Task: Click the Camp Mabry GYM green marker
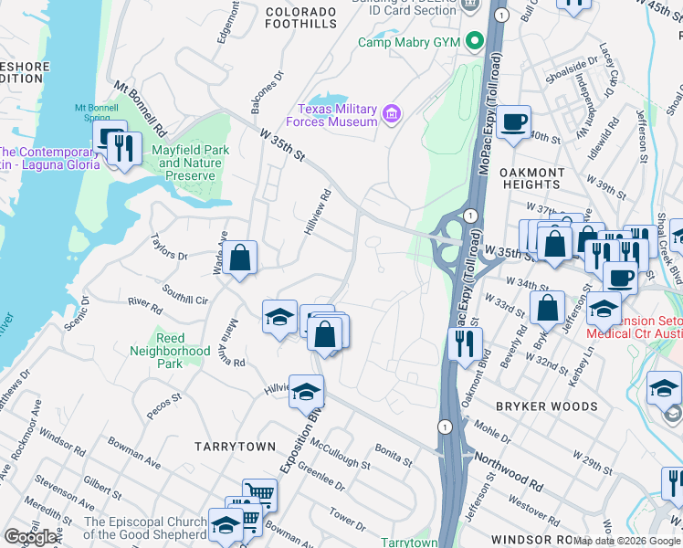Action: click(x=474, y=42)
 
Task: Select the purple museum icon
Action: click(x=392, y=114)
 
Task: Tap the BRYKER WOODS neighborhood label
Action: click(x=546, y=406)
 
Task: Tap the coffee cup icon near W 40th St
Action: click(x=513, y=121)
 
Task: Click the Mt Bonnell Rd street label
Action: click(x=139, y=107)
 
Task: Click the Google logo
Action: click(x=31, y=537)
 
